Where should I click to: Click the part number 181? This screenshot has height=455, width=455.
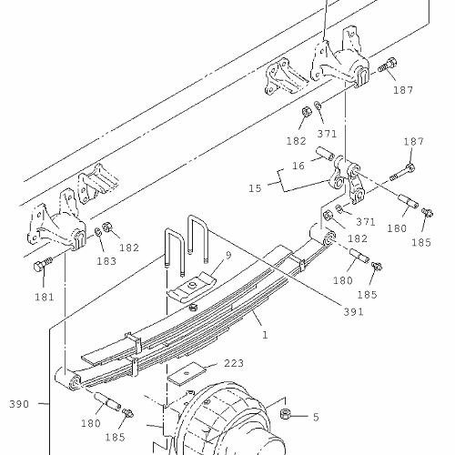(45, 297)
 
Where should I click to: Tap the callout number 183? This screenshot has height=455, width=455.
(106, 261)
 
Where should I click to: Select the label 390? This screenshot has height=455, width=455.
(19, 404)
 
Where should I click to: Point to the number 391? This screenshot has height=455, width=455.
(353, 311)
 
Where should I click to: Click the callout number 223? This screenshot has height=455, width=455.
(234, 363)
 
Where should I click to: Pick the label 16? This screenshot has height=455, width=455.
(298, 166)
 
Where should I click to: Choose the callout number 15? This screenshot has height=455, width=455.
(255, 188)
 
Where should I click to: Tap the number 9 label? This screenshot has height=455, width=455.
(228, 255)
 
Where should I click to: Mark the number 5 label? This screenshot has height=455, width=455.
(316, 417)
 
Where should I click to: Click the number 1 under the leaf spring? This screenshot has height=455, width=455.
(265, 335)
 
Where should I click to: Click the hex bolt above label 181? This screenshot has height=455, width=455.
(43, 264)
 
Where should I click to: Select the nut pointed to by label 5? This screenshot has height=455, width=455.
(284, 414)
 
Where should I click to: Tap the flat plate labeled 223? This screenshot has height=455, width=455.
(187, 374)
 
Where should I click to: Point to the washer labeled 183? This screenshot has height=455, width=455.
(97, 232)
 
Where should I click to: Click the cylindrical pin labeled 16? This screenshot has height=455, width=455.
(326, 153)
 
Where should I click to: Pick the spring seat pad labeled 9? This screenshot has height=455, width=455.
(192, 288)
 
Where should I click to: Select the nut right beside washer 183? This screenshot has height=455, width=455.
(106, 227)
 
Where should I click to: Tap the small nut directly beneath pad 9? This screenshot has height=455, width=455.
(192, 308)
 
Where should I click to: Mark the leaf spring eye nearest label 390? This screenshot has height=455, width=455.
(74, 383)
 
